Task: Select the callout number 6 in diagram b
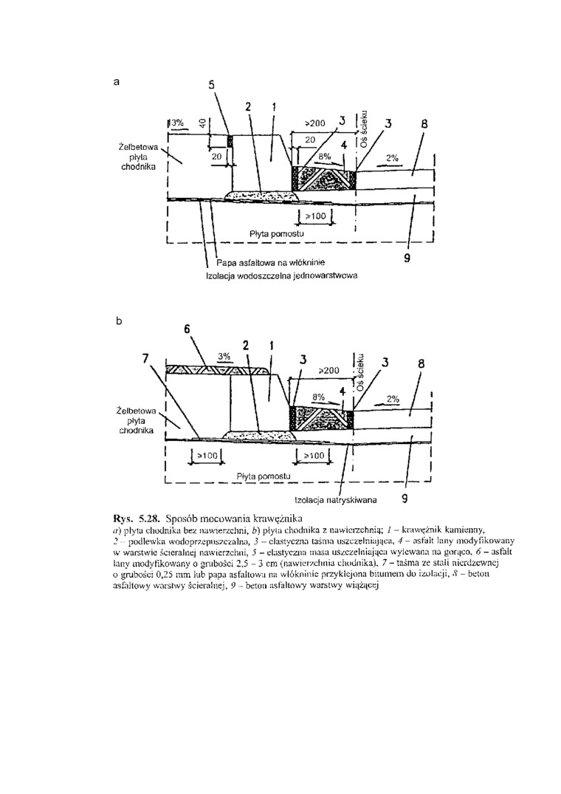(187, 328)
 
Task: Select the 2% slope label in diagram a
(392, 158)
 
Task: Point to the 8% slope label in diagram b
(319, 397)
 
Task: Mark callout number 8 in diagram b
(421, 364)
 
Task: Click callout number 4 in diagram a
(344, 146)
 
